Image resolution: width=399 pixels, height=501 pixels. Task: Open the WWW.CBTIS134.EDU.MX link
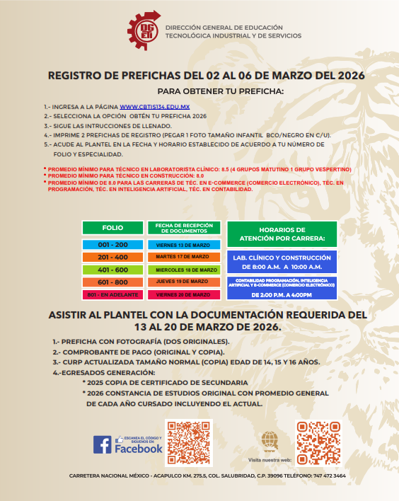pyautogui.click(x=150, y=105)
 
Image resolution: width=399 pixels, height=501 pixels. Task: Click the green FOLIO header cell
pyautogui.click(x=112, y=228)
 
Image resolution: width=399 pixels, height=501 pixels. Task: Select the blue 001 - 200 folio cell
pyautogui.click(x=112, y=244)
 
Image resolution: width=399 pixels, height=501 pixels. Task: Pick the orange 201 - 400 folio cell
pyautogui.click(x=112, y=257)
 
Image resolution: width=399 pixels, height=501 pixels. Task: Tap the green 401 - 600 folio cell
pyautogui.click(x=112, y=270)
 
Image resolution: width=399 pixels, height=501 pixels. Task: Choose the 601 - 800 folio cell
pyautogui.click(x=112, y=282)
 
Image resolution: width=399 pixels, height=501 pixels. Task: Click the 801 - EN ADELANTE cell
pyautogui.click(x=112, y=294)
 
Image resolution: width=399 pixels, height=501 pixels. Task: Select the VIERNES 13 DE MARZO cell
pyautogui.click(x=183, y=244)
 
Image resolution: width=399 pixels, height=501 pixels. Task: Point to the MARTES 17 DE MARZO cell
pyautogui.click(x=183, y=257)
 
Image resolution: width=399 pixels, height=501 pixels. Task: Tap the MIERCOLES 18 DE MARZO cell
pyautogui.click(x=183, y=270)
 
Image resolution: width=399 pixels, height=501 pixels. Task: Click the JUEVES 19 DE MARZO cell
pyautogui.click(x=183, y=282)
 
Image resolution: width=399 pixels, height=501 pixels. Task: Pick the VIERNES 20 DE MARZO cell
pyautogui.click(x=183, y=294)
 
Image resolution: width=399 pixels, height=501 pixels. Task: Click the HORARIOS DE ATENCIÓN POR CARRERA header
pyautogui.click(x=282, y=234)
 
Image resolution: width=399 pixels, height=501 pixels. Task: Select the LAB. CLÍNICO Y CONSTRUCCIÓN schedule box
pyautogui.click(x=282, y=261)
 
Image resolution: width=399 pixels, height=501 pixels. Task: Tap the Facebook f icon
pyautogui.click(x=102, y=444)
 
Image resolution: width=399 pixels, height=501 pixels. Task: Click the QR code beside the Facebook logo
pyautogui.click(x=189, y=443)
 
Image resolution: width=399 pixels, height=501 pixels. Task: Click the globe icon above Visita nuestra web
pyautogui.click(x=270, y=439)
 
